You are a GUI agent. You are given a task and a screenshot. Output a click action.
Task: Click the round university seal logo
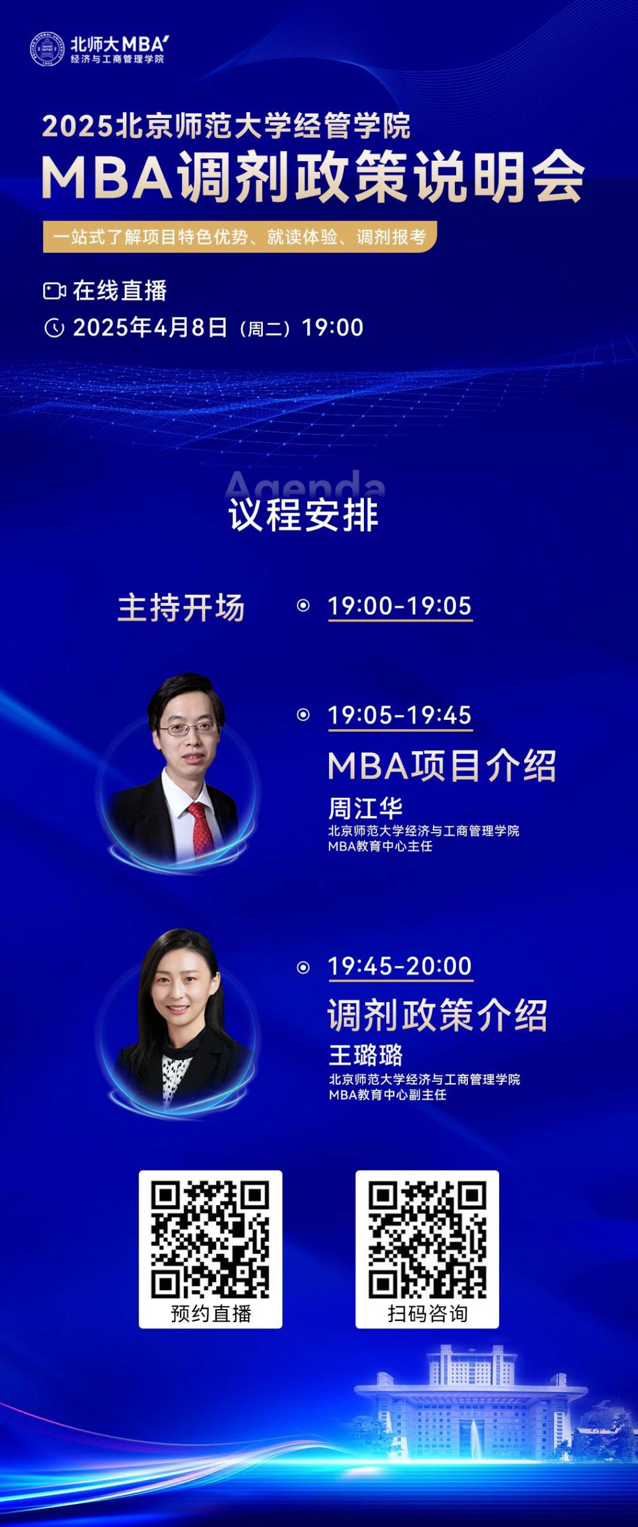[x=47, y=49]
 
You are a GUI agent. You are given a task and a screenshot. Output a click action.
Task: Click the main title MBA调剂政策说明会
[x=313, y=177]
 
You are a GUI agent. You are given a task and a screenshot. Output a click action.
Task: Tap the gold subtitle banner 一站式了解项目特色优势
[x=240, y=237]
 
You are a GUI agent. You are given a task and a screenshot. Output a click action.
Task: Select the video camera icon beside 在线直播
[x=55, y=291]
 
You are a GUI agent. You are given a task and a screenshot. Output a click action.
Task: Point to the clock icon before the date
[x=55, y=328]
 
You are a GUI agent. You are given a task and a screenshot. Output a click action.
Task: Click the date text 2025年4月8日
[x=150, y=328]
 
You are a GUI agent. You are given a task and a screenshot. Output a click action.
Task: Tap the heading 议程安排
[x=303, y=515]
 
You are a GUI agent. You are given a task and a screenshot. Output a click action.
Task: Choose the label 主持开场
[x=181, y=607]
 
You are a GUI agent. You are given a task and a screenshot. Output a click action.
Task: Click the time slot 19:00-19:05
[x=400, y=606]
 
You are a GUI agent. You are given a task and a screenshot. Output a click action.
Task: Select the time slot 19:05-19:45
[x=400, y=715]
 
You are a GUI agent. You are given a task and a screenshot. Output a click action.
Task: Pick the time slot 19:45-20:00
[x=400, y=966]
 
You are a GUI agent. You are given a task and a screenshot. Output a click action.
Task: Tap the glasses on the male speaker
[x=188, y=728]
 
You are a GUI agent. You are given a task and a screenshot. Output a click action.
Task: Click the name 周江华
[x=365, y=808]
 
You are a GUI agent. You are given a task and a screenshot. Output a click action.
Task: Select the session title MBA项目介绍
[x=442, y=765]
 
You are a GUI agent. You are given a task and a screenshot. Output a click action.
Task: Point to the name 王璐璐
[x=366, y=1055]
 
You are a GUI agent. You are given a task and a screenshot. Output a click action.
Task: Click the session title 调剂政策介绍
[x=437, y=1015]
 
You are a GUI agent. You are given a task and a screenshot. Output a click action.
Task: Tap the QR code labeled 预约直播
[x=210, y=1239]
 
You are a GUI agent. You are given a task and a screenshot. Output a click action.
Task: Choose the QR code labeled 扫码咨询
[x=427, y=1239]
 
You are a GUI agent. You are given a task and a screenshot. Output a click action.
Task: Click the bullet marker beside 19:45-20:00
[x=303, y=967]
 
